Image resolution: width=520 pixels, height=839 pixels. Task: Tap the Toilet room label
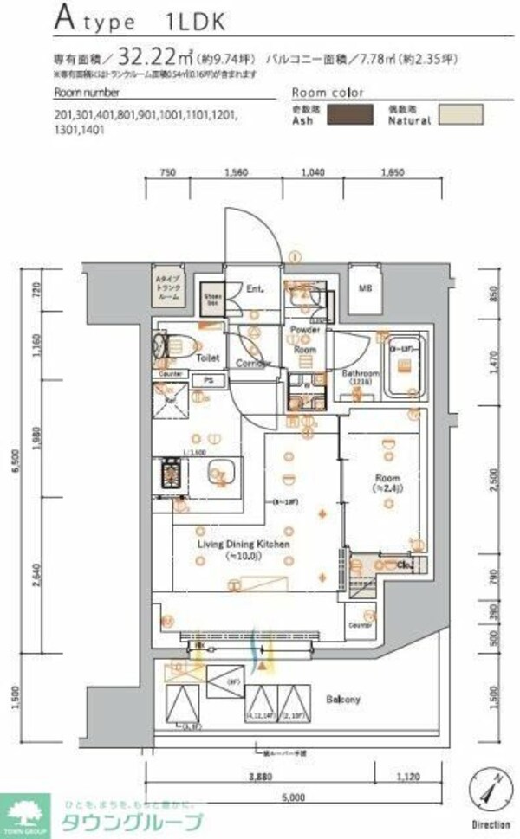[x=207, y=357]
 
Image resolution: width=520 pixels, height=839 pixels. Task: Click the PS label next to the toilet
[x=208, y=380]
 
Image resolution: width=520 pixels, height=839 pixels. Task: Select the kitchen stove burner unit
[x=168, y=474]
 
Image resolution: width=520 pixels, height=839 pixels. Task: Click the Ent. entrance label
[x=255, y=289]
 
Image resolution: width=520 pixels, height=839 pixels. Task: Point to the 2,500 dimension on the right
[x=493, y=481]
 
